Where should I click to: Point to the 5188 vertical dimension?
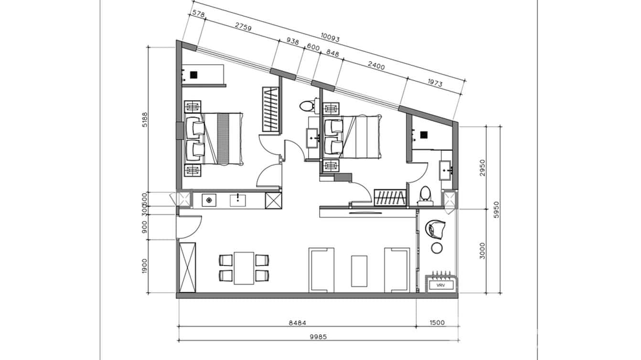tap(143, 124)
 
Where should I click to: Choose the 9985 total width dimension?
tap(318, 336)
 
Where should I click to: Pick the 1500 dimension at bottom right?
tap(437, 323)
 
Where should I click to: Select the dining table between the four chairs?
tap(244, 268)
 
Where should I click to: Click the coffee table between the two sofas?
tap(359, 271)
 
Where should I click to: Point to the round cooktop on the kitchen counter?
tap(208, 200)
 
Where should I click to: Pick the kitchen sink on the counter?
tap(238, 200)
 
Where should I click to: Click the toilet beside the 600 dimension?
tap(307, 105)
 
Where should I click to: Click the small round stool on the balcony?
tap(437, 247)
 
